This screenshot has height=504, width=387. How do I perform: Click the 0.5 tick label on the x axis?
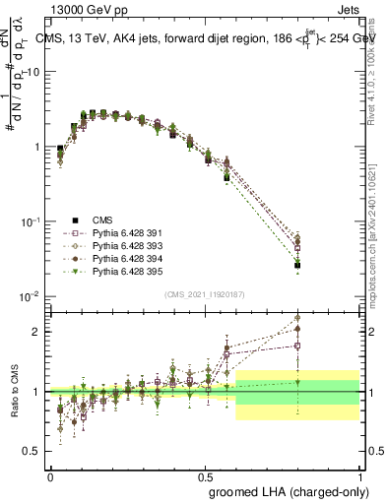coord(205,474)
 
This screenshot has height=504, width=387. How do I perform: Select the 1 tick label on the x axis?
coord(358,474)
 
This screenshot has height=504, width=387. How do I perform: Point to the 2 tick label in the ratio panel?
coord(36,332)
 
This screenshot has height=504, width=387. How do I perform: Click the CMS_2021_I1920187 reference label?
coord(203,293)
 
